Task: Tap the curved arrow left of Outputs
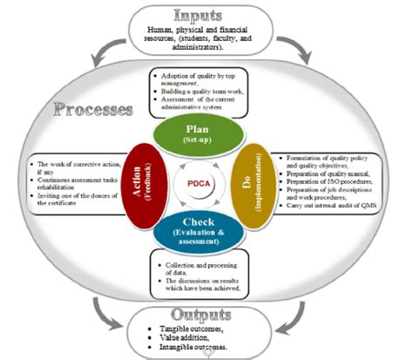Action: point(102,307)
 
